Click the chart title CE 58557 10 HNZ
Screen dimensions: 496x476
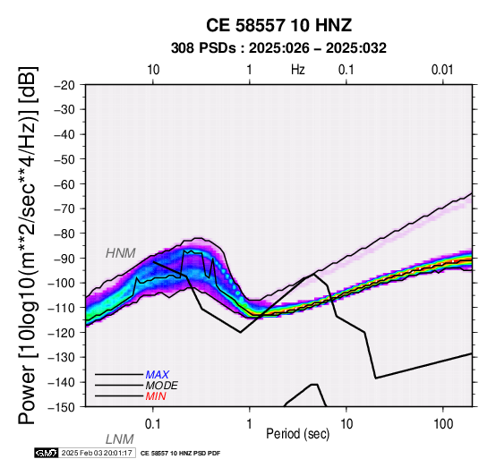point(278,25)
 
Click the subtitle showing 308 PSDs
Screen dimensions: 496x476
point(278,48)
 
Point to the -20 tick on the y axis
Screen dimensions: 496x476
point(64,85)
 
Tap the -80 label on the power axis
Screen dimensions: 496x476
point(64,234)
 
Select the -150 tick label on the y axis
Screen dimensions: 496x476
point(62,407)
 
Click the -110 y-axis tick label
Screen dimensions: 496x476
point(62,308)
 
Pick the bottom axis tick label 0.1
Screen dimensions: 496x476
point(153,424)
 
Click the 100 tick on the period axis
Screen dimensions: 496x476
point(443,424)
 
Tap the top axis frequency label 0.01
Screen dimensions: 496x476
point(442,70)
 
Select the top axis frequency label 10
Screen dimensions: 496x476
point(153,70)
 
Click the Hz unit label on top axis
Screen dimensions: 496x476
point(298,70)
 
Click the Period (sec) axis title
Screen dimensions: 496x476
point(297,434)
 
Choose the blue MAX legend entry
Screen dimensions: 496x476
point(158,375)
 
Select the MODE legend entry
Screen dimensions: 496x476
point(162,386)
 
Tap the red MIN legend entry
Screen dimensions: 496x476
point(156,396)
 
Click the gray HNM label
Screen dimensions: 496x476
point(121,253)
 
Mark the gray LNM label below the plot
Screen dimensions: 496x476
point(120,439)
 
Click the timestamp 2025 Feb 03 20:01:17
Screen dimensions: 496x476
point(97,453)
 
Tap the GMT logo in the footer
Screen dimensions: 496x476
point(47,453)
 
